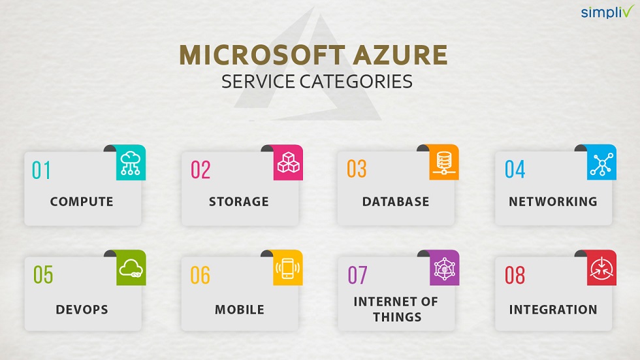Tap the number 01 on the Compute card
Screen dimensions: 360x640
click(x=41, y=170)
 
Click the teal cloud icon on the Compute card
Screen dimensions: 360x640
click(x=131, y=163)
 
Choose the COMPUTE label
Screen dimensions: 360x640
click(x=82, y=201)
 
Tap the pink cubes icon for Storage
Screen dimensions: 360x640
click(x=287, y=163)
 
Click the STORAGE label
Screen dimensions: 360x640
click(x=238, y=201)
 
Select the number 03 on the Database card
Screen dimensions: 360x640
click(x=357, y=169)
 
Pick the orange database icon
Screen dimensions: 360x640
click(x=444, y=163)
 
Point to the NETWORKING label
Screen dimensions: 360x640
click(x=552, y=201)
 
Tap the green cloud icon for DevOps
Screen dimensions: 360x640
click(x=131, y=269)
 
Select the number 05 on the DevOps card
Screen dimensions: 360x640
click(x=43, y=275)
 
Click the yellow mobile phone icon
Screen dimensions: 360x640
click(x=287, y=269)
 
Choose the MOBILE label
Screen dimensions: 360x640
click(x=239, y=309)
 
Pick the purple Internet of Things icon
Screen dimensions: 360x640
click(x=444, y=269)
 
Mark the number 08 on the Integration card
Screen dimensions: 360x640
click(x=515, y=275)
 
